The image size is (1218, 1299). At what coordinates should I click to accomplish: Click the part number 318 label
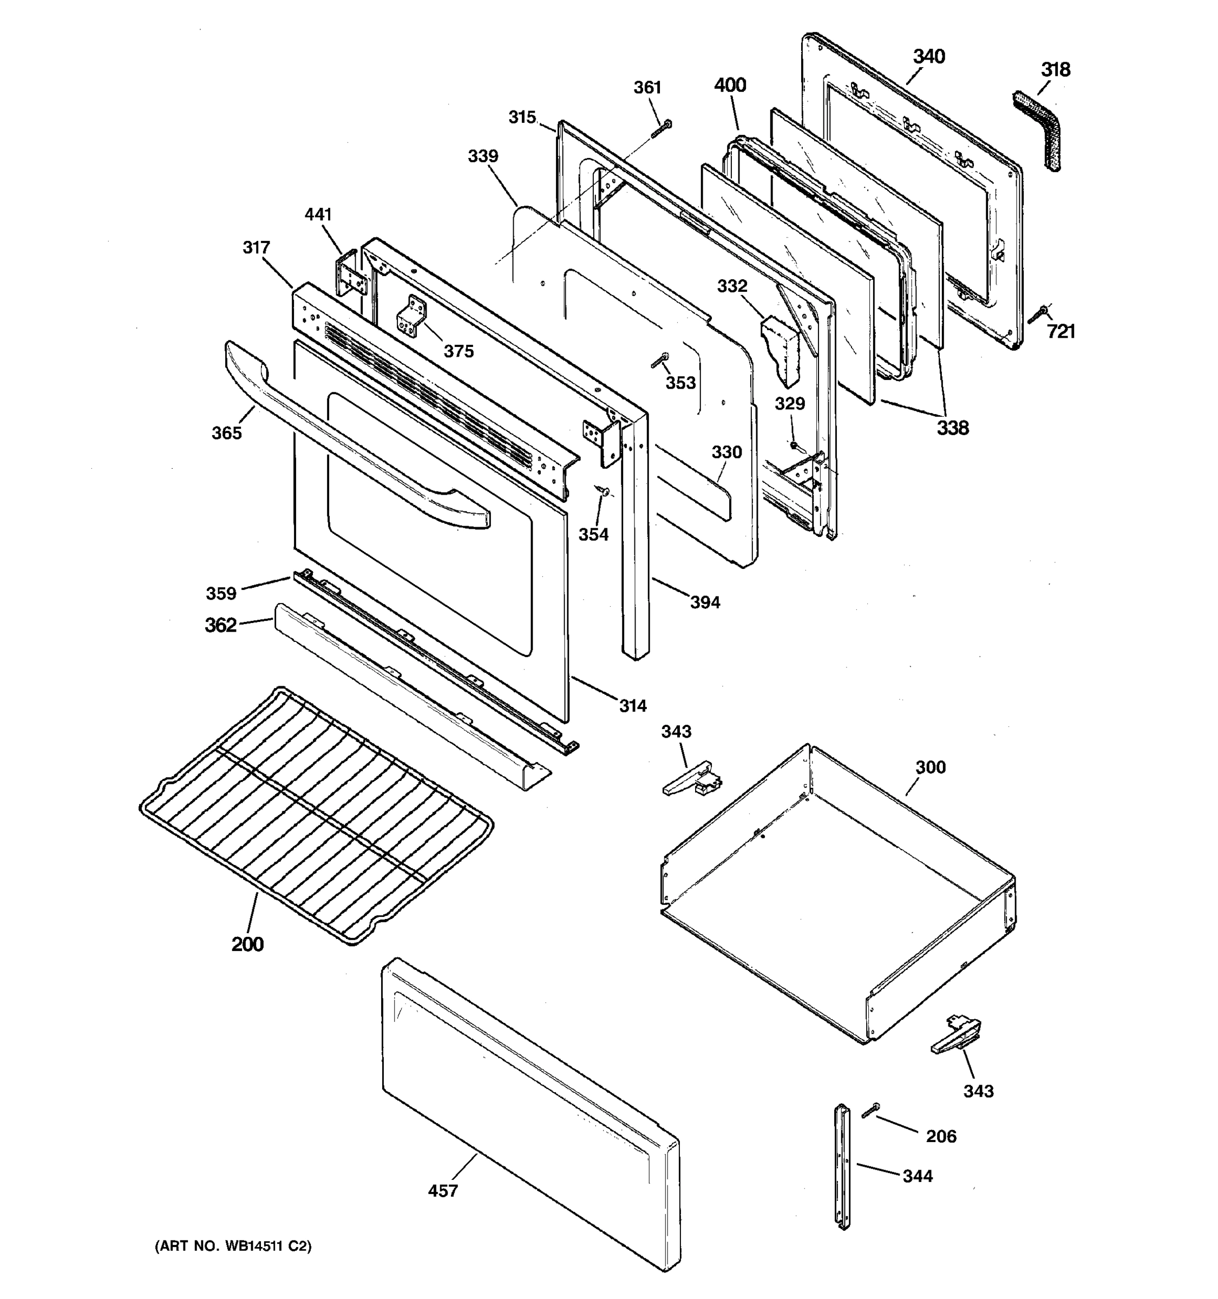click(1055, 69)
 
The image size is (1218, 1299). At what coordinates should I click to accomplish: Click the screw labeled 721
click(1038, 314)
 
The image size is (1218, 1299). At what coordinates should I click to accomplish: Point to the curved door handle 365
click(353, 444)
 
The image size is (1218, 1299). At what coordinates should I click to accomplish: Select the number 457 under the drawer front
click(442, 1191)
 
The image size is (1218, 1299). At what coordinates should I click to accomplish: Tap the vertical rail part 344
click(842, 1166)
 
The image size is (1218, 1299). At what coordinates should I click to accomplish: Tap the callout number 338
click(952, 428)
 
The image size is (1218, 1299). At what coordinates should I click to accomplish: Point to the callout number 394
click(705, 602)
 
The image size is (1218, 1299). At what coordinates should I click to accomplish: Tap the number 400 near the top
click(730, 85)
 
